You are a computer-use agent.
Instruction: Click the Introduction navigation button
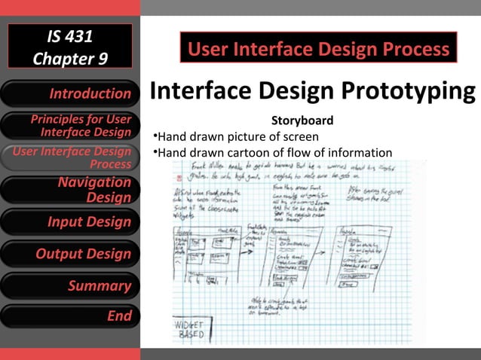coord(70,94)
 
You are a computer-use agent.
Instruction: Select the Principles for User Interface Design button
coord(70,126)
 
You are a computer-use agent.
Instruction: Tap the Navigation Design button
coord(70,189)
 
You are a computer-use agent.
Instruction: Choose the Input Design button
coord(70,222)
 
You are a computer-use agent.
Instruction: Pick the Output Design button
coord(70,254)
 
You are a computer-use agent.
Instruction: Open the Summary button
coord(70,285)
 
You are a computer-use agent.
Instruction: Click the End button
coord(70,316)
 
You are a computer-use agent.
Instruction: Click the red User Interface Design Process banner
coord(318,50)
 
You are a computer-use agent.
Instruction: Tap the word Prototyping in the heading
coord(406,92)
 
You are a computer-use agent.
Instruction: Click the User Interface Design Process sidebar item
coord(70,157)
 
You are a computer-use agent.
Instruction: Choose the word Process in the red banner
coord(418,50)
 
